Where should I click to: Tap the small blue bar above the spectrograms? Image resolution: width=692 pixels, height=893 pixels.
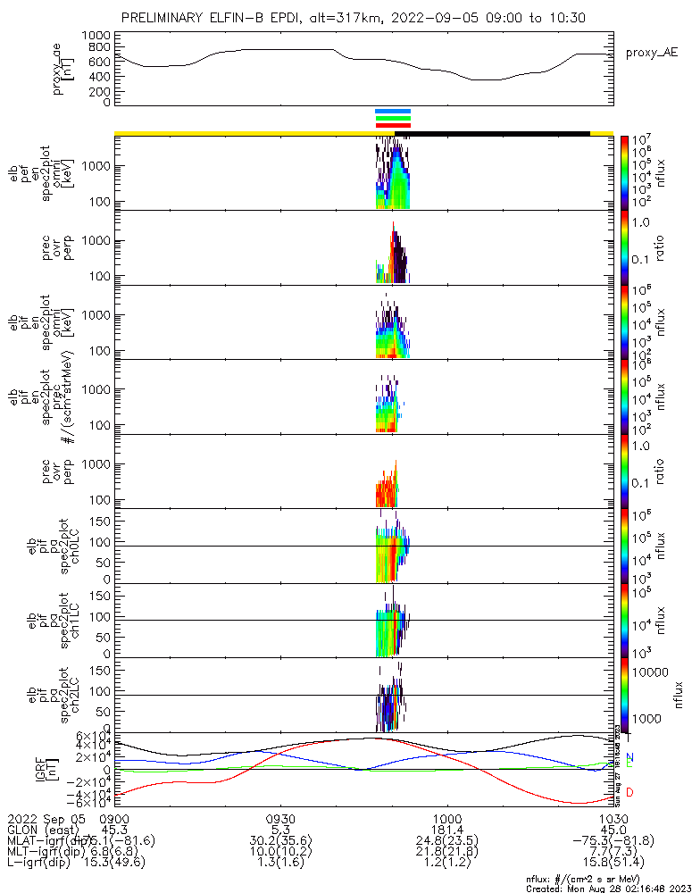393,111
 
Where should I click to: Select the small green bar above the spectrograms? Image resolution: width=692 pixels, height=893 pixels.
393,118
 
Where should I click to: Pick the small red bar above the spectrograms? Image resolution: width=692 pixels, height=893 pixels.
393,125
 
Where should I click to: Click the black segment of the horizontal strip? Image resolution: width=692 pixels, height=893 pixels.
492,133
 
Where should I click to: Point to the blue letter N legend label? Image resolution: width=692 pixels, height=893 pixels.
629,757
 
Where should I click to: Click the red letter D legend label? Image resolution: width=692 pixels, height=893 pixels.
629,792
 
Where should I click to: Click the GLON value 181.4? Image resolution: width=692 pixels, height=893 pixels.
446,829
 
